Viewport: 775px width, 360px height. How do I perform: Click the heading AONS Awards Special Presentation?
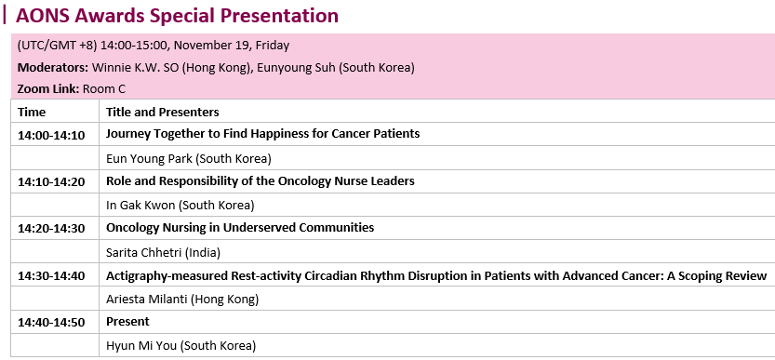pyautogui.click(x=177, y=15)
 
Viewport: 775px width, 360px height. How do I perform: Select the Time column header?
pyautogui.click(x=32, y=113)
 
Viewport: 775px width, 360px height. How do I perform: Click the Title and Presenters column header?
pyautogui.click(x=163, y=113)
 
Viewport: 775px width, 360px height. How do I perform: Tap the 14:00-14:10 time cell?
pyautogui.click(x=51, y=135)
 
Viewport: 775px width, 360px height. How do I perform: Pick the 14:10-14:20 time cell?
pyautogui.click(x=51, y=182)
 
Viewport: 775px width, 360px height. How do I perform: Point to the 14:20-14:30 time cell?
pyautogui.click(x=51, y=229)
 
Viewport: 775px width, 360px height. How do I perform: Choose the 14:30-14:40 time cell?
pyautogui.click(x=51, y=276)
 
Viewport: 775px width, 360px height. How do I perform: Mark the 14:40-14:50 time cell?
pyautogui.click(x=51, y=323)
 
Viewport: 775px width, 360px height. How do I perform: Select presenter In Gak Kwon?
pyautogui.click(x=140, y=205)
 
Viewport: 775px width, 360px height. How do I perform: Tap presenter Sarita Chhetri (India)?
pyautogui.click(x=163, y=253)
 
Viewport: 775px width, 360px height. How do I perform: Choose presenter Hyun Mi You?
pyautogui.click(x=141, y=346)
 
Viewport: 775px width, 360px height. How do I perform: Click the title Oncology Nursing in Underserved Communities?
pyautogui.click(x=240, y=228)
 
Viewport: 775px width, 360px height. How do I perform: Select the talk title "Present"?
pyautogui.click(x=127, y=322)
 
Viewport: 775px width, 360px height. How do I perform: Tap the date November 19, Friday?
pyautogui.click(x=232, y=46)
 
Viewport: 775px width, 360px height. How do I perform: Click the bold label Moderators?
pyautogui.click(x=53, y=67)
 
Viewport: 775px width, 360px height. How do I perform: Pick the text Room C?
pyautogui.click(x=104, y=89)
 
